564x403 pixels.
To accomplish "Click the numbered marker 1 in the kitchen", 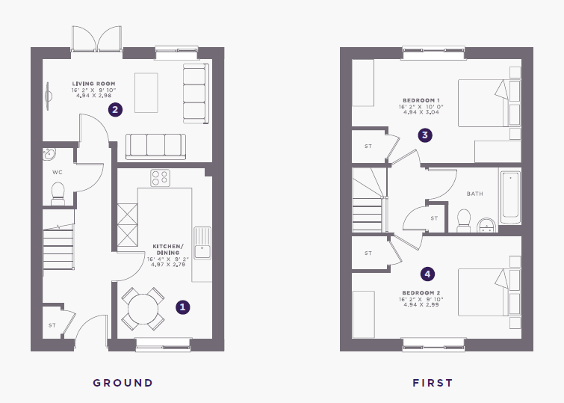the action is click(x=183, y=307).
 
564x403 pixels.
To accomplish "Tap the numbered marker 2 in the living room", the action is click(x=115, y=109).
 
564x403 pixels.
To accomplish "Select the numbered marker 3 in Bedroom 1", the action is click(x=425, y=135).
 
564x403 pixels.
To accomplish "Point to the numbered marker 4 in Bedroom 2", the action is click(x=427, y=274).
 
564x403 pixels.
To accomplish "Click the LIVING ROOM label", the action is click(x=93, y=84).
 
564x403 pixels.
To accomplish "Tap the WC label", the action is click(x=58, y=173).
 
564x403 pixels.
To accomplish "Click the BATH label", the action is click(x=475, y=194).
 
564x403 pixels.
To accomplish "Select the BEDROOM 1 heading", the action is click(x=421, y=100).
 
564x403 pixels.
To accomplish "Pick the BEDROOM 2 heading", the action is click(x=421, y=293).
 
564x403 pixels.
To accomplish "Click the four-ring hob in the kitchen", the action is click(x=160, y=178).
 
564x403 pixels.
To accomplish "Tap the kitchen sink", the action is click(x=202, y=243).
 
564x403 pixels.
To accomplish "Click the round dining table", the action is click(x=143, y=309).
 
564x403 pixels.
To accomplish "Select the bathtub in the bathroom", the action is click(x=510, y=195).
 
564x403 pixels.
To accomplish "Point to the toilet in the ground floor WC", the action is click(x=58, y=194).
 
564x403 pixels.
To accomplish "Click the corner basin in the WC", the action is click(x=49, y=154).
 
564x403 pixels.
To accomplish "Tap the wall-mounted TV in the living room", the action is click(x=48, y=96).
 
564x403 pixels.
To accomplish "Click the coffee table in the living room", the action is click(x=146, y=93).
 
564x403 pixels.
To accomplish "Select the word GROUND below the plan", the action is click(x=123, y=383).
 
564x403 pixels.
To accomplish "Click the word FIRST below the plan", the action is click(x=433, y=383).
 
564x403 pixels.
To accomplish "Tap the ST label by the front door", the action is click(x=52, y=325).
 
